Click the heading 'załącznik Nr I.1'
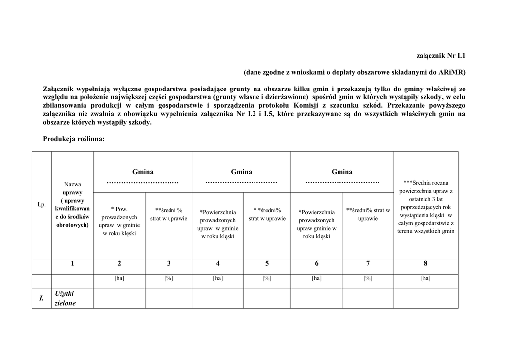coord(440,56)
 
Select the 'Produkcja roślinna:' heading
coord(74,140)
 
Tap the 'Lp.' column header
coord(42,204)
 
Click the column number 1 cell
coord(73,264)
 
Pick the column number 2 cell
coord(119,264)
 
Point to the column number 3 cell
coord(169,264)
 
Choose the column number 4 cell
coord(218,264)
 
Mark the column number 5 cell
coord(267,264)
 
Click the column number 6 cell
coord(317,264)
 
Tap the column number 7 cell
coord(368,264)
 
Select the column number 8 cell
coord(425,264)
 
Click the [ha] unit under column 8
coord(425,278)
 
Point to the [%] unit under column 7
coord(368,278)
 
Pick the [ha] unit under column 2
coord(119,278)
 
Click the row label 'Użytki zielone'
coord(65,298)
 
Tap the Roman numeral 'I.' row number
coord(42,299)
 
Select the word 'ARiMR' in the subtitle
coord(452,72)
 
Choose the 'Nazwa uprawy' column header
coord(73,188)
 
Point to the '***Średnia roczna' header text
coord(426,183)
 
